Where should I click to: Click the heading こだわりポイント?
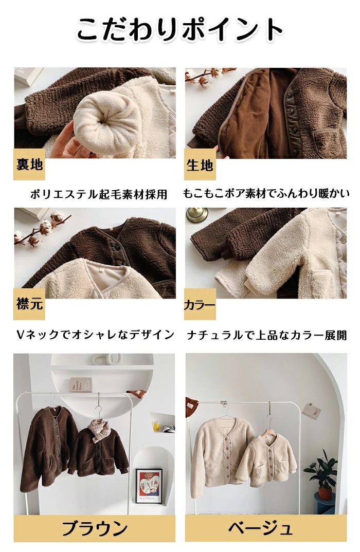point(179,29)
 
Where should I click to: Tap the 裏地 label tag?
point(29,164)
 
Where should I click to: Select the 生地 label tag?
point(200,164)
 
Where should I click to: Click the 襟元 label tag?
point(29,304)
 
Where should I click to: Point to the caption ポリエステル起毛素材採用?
point(98,194)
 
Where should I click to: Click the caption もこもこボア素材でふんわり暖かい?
point(266,193)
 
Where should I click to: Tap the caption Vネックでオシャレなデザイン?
point(96,335)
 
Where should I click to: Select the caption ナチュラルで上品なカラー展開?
point(266,335)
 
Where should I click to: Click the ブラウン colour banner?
point(95,528)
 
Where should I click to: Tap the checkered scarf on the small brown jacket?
point(97,429)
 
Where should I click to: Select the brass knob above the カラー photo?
point(197,214)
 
